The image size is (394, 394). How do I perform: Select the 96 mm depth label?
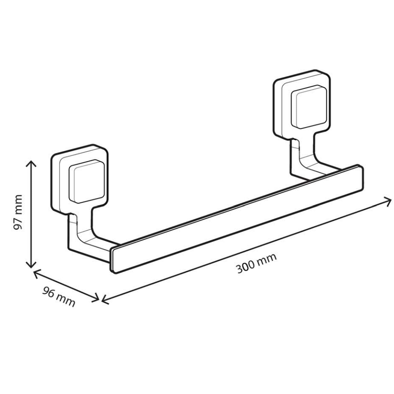click(x=59, y=297)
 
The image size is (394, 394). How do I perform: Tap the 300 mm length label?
click(x=256, y=263)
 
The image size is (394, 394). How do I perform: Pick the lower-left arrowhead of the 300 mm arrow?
click(x=103, y=300)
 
